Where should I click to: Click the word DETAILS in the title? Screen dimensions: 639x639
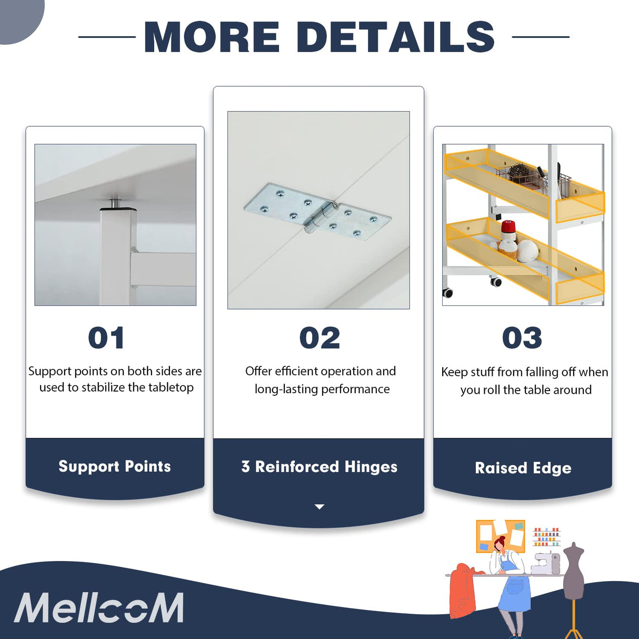(x=395, y=37)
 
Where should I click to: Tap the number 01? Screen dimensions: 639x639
(x=106, y=338)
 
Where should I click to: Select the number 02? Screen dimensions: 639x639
(x=319, y=338)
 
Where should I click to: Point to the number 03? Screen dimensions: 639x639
(x=522, y=338)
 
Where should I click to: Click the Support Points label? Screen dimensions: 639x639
(x=115, y=466)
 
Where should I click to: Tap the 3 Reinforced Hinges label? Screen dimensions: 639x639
(x=319, y=467)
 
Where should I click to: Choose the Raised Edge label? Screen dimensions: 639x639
(x=523, y=468)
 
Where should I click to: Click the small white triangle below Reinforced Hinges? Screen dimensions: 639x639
(x=319, y=506)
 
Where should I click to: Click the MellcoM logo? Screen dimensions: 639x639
(x=99, y=608)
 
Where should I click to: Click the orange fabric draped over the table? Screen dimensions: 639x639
(x=463, y=590)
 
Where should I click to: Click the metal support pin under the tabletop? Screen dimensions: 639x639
(x=115, y=203)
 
